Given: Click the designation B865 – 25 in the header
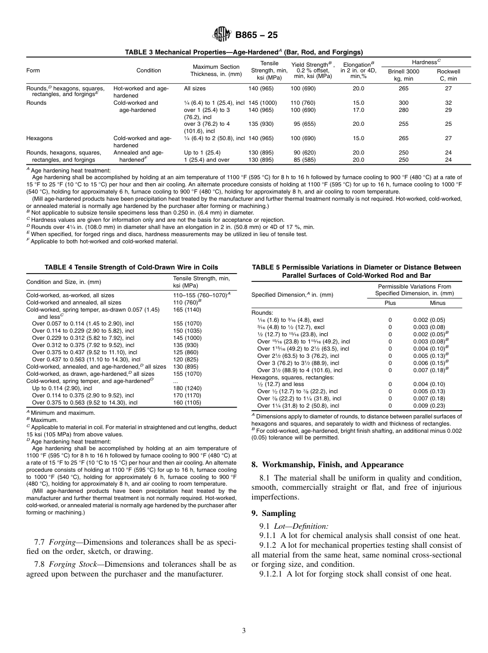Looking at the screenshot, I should pyautogui.click(x=256, y=35).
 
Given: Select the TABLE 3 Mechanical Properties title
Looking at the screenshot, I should pyautogui.click(x=244, y=52).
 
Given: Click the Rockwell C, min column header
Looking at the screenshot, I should pyautogui.click(x=448, y=75).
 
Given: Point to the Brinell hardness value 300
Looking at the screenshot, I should pyautogui.click(x=403, y=103).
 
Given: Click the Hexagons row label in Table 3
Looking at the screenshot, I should pyautogui.click(x=40, y=139).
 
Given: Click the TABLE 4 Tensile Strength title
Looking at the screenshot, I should pyautogui.click(x=131, y=267).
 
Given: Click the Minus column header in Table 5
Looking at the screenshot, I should pyautogui.click(x=437, y=303).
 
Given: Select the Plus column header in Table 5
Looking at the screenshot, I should pyautogui.click(x=390, y=303).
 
